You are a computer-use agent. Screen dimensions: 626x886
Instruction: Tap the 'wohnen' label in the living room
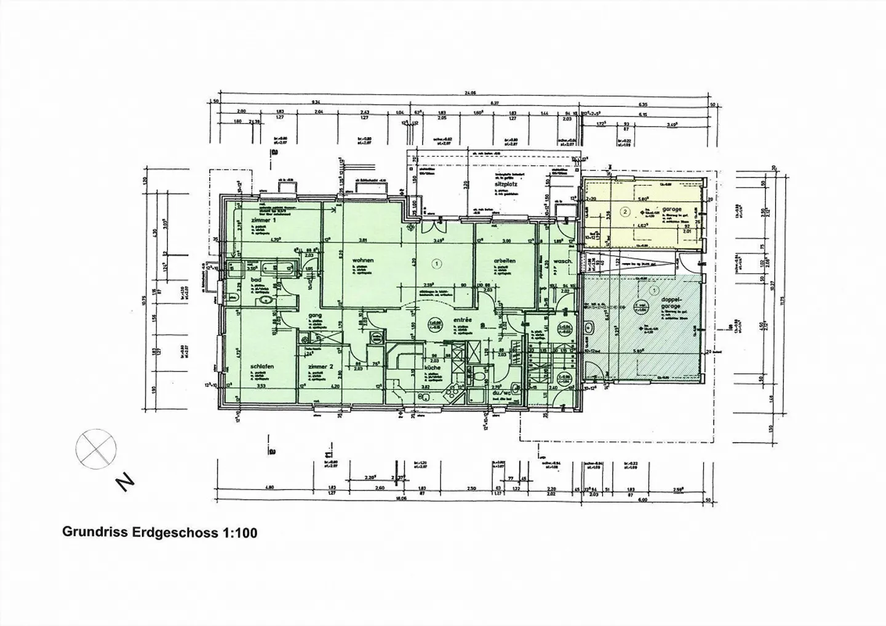(363, 260)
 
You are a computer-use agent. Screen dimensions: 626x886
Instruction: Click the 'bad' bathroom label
(257, 280)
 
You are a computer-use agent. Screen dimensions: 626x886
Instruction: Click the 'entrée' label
(462, 320)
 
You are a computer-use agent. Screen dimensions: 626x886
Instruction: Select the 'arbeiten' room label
(504, 261)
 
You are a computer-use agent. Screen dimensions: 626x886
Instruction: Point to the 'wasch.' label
(562, 261)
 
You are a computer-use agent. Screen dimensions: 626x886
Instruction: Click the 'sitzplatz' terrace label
(503, 183)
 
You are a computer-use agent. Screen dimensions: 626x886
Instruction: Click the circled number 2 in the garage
(625, 212)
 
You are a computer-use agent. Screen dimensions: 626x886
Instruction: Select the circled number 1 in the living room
(437, 264)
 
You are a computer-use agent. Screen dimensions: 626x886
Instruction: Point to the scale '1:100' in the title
(238, 533)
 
